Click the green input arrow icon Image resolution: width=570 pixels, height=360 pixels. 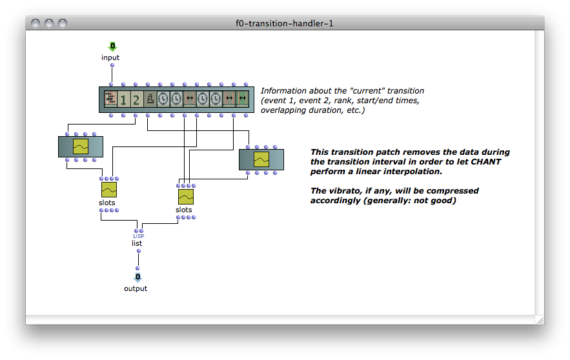113,46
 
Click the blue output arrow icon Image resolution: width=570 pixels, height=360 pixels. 137,277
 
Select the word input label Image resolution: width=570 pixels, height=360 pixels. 110,57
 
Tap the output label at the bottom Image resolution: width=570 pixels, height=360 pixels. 135,288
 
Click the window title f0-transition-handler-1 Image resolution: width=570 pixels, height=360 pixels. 284,24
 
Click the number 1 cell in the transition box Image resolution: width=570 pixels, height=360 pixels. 123,99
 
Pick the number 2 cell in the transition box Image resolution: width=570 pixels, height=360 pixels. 136,99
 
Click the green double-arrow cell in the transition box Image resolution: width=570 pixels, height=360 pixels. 243,99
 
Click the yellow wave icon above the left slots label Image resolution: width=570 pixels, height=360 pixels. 109,190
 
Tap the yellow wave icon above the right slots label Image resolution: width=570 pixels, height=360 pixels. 186,197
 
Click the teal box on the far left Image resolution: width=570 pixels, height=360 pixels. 81,146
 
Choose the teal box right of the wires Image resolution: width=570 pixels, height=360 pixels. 261,159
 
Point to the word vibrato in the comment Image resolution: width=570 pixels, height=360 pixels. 345,191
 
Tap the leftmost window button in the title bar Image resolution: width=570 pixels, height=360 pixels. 36,23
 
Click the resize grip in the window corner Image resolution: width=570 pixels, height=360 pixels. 540,321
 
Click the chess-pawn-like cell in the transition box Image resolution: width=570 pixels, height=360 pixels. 150,99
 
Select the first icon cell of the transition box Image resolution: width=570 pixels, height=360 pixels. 110,99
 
